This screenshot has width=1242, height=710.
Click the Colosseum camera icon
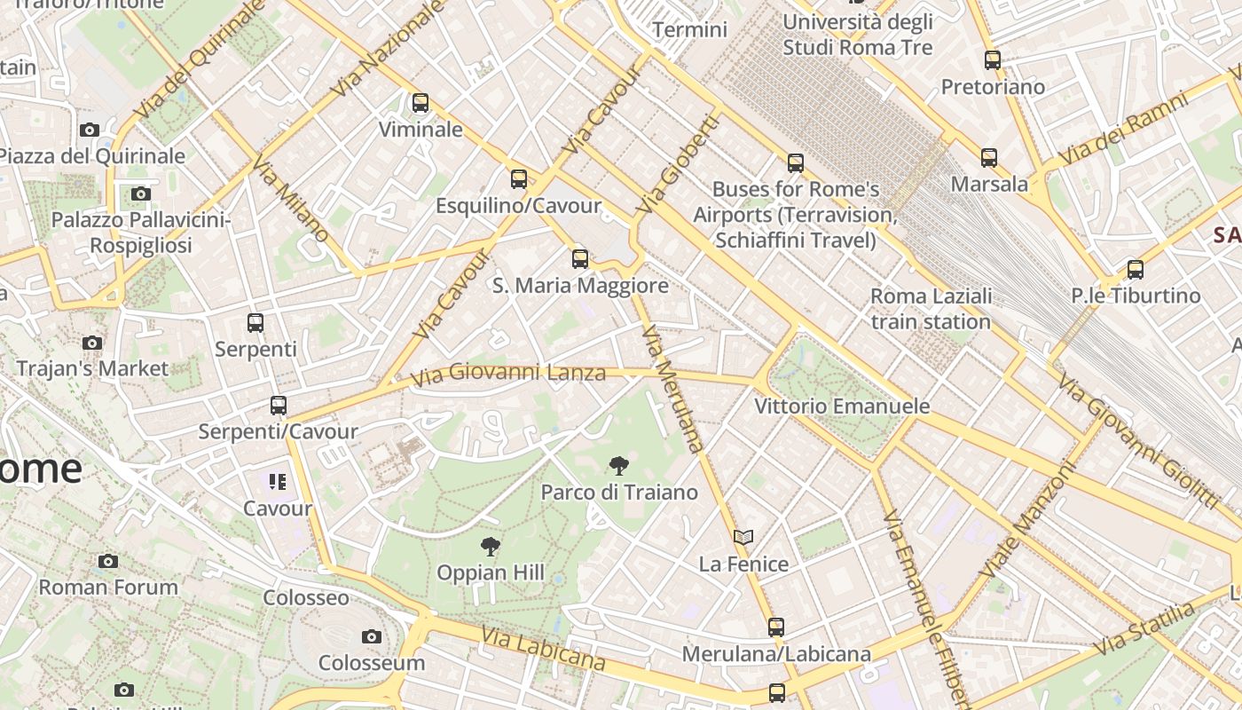(372, 636)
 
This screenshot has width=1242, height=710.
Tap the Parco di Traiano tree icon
(619, 465)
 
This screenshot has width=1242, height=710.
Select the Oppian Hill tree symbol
(490, 546)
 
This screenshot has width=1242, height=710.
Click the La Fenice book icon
(743, 537)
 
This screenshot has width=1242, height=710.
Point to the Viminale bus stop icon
(421, 103)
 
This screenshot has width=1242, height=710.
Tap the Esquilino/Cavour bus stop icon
(519, 179)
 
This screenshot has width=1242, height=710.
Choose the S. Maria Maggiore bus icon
(580, 259)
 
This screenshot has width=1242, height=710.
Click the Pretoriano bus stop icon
(993, 60)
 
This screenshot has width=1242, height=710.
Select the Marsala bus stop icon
(989, 158)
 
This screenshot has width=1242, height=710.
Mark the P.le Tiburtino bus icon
(1136, 269)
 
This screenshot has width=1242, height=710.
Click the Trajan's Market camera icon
(91, 343)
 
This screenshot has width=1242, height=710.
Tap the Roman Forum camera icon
(108, 561)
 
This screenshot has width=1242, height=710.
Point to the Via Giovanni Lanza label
(507, 374)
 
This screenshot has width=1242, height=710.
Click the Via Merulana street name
(672, 388)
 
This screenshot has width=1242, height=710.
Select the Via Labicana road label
(543, 648)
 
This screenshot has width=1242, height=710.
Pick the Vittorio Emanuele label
(842, 406)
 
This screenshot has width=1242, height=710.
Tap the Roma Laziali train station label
(931, 309)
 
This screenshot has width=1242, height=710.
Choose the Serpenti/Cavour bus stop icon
(279, 406)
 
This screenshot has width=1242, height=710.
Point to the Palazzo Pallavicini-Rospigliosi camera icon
(140, 193)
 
